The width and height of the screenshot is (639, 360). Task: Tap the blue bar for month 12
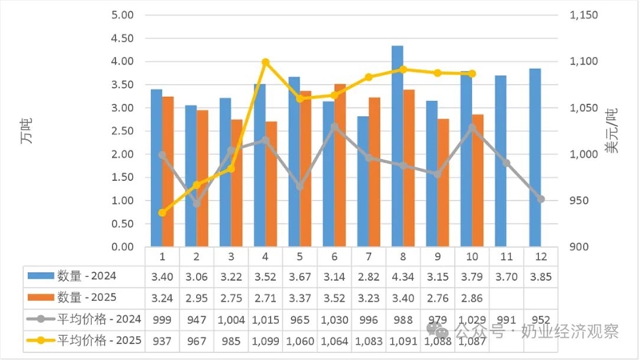[535, 158]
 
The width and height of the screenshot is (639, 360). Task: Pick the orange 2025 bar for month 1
[168, 172]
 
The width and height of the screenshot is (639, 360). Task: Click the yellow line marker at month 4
[266, 62]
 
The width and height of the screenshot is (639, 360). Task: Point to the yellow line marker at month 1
[162, 212]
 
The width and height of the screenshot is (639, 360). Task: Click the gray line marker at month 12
[541, 199]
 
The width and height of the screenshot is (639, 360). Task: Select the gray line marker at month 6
[334, 126]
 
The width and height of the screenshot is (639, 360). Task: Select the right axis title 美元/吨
[612, 130]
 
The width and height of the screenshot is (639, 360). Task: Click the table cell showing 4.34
[403, 276]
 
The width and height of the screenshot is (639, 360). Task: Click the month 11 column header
[506, 256]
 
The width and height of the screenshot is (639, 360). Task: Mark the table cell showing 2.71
[265, 298]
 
